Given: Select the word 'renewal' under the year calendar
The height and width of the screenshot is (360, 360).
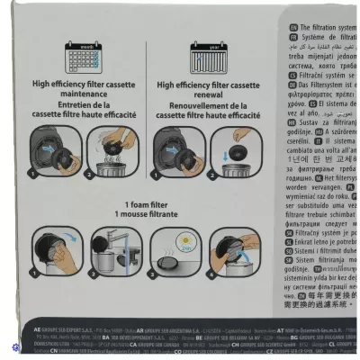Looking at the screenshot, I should pyautogui.click(x=213, y=94).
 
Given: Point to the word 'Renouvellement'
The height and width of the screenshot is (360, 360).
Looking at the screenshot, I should pyautogui.click(x=191, y=103).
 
